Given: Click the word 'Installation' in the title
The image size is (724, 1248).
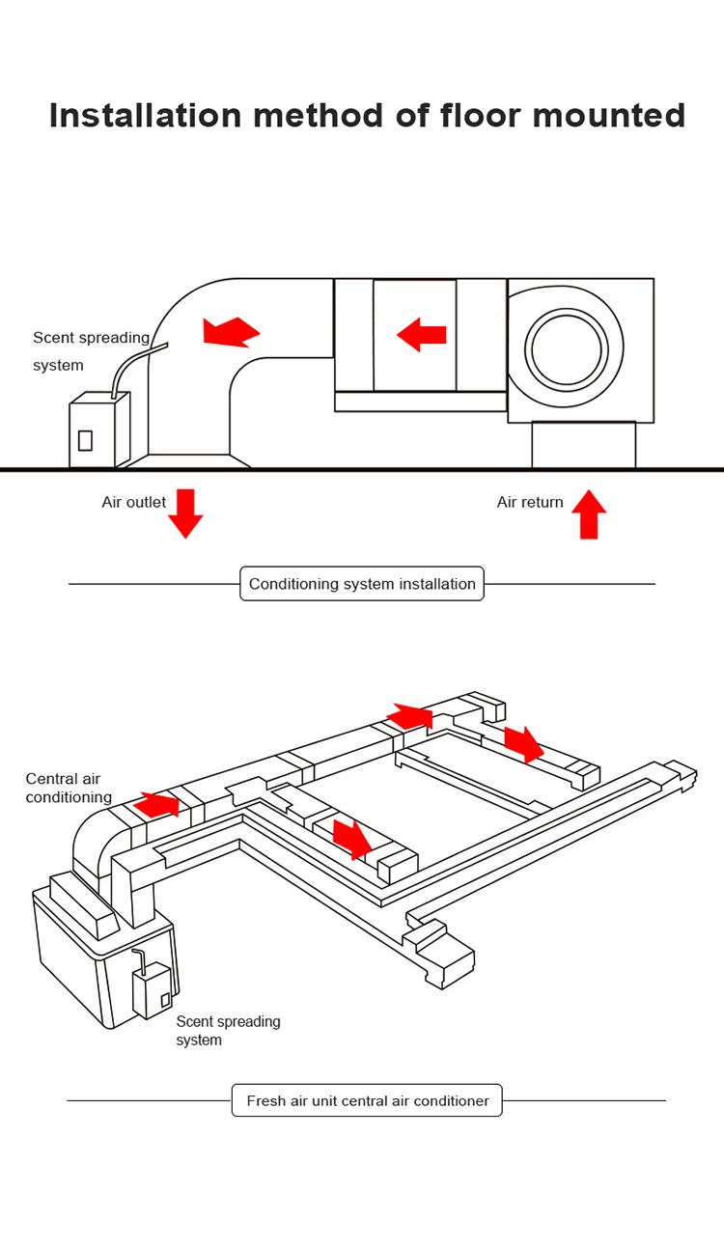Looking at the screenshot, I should click(145, 115).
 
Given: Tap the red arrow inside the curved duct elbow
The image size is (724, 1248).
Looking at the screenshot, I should click(231, 331).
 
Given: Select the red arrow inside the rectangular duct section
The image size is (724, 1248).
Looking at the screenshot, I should click(422, 335).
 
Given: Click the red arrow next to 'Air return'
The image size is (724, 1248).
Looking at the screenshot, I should click(589, 514).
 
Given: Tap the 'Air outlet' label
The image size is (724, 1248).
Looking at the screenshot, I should click(133, 502).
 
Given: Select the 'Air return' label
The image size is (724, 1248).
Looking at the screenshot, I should click(530, 502).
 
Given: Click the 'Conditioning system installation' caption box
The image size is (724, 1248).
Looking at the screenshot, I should click(362, 584).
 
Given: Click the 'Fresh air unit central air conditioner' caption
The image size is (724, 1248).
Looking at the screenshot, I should click(367, 1100).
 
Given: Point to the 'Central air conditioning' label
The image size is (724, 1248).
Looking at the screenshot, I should click(69, 789).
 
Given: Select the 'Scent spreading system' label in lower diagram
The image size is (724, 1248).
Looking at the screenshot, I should click(228, 1031).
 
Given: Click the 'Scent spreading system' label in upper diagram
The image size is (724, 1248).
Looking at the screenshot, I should click(91, 351).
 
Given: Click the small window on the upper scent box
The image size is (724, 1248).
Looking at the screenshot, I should click(85, 440).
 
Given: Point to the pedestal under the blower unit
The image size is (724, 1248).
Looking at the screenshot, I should click(583, 445).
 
